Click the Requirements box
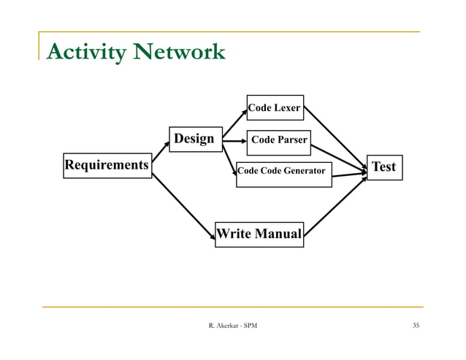tap(107, 166)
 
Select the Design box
tap(194, 139)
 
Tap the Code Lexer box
tap(275, 108)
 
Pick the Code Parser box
tap(279, 141)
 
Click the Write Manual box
tap(259, 234)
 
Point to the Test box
tap(383, 167)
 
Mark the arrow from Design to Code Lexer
tap(234, 123)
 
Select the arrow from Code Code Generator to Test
tap(349, 175)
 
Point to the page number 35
tap(415, 325)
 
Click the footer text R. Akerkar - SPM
tap(233, 325)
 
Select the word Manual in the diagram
tap(277, 234)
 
